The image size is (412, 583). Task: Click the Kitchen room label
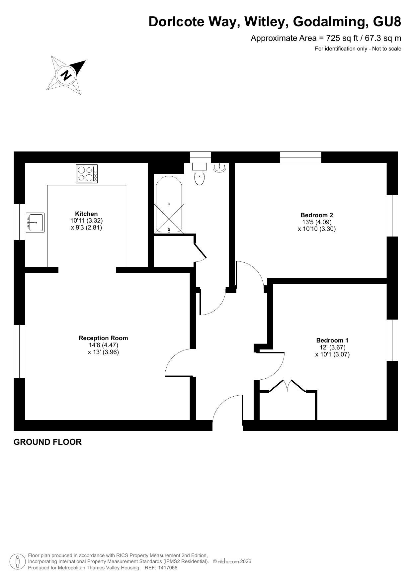(86, 214)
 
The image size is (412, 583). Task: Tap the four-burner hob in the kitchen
(87, 174)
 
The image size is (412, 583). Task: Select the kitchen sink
(35, 223)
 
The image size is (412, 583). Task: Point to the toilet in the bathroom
(199, 174)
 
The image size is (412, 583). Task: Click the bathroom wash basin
(219, 168)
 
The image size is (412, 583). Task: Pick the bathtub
(169, 204)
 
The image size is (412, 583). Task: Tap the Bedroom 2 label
(317, 215)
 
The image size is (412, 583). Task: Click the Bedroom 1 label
(332, 340)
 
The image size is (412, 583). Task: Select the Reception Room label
(103, 338)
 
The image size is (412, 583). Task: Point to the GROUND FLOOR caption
(47, 442)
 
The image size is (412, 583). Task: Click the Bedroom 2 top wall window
(300, 157)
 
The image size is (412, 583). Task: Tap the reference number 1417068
(168, 568)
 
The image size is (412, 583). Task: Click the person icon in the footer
(18, 561)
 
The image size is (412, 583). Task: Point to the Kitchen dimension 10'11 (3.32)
(87, 221)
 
